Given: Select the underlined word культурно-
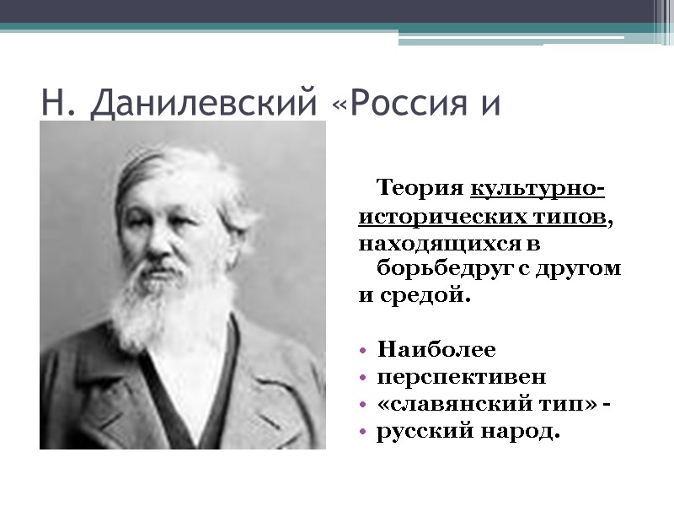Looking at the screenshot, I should pyautogui.click(x=540, y=186).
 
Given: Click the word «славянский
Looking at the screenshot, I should pyautogui.click(x=448, y=404).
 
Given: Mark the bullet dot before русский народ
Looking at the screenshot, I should pyautogui.click(x=362, y=433).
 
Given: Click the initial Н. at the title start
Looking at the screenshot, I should pyautogui.click(x=56, y=104).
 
